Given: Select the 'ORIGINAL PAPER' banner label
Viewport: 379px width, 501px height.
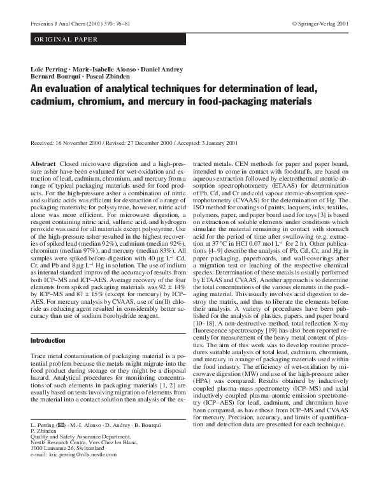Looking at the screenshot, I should click(65, 40).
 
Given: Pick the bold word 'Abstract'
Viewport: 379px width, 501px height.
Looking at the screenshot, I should click(43, 164).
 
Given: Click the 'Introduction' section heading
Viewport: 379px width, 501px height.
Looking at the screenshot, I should click(48, 341).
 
